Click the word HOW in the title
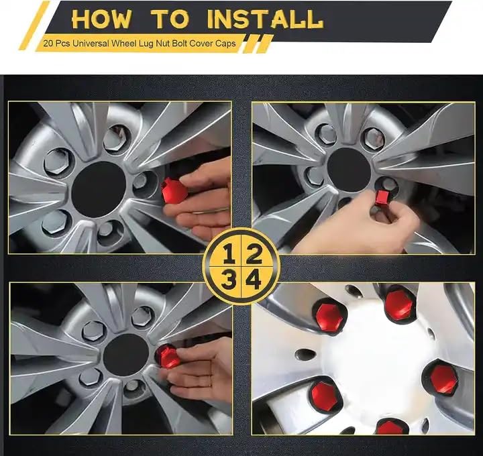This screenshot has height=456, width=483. tap(101, 19)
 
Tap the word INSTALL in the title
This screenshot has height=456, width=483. tap(265, 19)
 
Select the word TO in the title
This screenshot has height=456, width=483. tap(170, 19)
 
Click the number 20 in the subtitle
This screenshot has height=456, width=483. tap(47, 44)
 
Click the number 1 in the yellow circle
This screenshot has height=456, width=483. tap(229, 253)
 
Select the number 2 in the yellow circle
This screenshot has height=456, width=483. tap(254, 253)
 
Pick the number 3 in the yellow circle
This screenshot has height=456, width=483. tap(229, 279)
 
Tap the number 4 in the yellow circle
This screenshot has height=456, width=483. tap(253, 279)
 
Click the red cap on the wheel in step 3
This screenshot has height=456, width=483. tap(168, 356)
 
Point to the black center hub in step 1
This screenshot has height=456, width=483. tap(99, 188)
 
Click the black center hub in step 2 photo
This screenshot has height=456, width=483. tap(349, 165)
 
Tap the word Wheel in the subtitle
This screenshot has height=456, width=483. tap(121, 44)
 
